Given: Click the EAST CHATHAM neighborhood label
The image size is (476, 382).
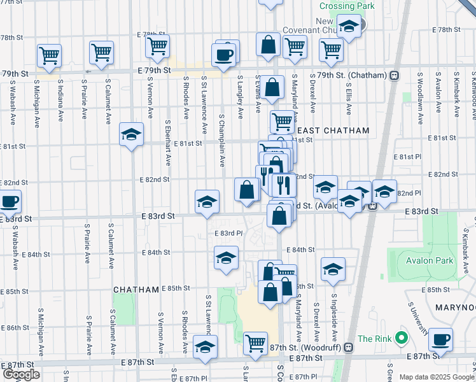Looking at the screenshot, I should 337,131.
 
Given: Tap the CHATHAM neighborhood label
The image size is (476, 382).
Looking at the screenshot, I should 136,290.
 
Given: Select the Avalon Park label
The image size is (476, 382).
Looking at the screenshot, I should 429,260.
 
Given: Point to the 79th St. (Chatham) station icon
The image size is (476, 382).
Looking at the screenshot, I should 395,75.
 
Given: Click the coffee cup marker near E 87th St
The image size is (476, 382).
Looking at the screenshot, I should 440,339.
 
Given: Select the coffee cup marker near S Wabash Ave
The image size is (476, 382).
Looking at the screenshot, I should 9,202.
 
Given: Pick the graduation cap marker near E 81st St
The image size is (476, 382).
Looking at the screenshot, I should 132,134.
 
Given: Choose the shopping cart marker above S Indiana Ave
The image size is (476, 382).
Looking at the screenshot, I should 49,55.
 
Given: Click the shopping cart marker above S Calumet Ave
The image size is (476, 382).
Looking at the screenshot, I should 101,52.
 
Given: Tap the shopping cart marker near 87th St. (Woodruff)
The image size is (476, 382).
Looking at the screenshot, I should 256,343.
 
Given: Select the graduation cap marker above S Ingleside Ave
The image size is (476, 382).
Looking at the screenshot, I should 333,269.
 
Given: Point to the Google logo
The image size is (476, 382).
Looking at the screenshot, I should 21,374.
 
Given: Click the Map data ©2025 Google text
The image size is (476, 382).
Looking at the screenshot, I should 437,377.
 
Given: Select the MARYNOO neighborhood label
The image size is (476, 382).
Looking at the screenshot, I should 455,308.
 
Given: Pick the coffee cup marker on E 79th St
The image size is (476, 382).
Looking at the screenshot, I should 223,55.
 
